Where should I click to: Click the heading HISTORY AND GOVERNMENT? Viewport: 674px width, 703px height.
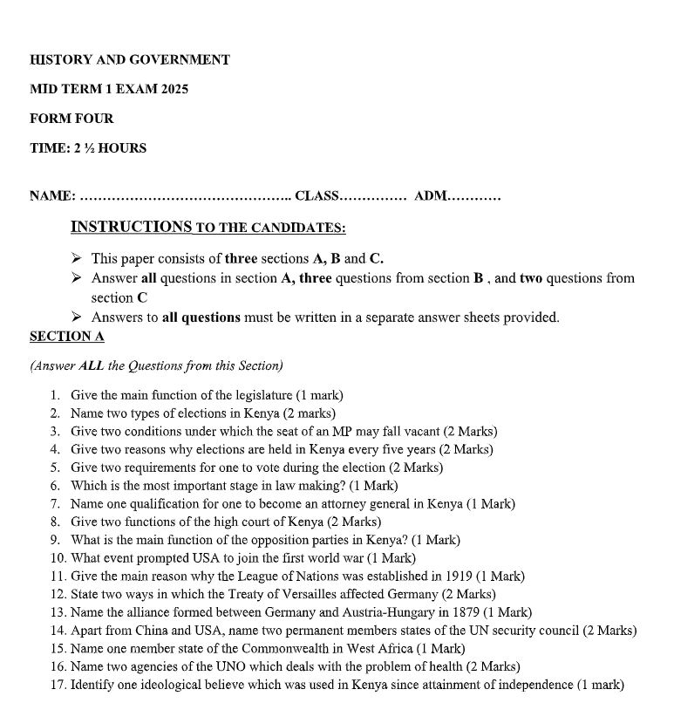click(x=130, y=60)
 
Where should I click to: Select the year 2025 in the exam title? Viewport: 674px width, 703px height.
click(x=174, y=89)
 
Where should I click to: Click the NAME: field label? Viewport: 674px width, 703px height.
click(x=52, y=196)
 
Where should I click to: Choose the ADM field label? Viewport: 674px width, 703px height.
click(x=431, y=196)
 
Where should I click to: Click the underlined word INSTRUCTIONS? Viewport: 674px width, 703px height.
click(x=131, y=228)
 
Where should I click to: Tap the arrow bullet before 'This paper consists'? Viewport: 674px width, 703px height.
click(x=77, y=258)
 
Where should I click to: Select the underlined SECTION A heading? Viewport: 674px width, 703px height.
click(x=66, y=337)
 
